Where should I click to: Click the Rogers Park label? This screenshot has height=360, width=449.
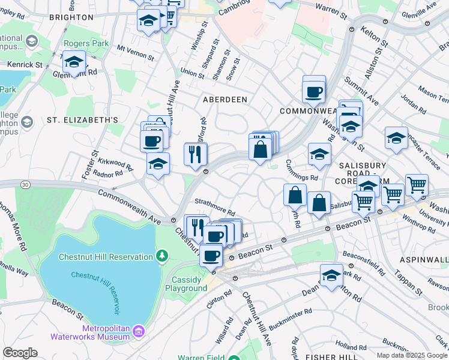click(88, 43)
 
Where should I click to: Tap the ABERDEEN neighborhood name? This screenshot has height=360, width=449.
click(226, 98)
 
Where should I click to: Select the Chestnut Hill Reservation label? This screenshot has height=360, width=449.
click(106, 257)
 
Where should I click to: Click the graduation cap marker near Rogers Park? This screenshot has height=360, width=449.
click(74, 62)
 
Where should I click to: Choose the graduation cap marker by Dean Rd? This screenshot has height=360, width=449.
click(331, 275)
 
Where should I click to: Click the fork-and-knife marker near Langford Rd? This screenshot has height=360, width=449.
click(196, 154)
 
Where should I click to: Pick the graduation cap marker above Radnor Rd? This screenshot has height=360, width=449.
click(158, 164)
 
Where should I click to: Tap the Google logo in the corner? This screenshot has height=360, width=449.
click(20, 352)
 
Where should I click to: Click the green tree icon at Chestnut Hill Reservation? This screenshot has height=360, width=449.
click(161, 257)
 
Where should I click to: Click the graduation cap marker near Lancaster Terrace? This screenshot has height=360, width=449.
click(396, 138)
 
